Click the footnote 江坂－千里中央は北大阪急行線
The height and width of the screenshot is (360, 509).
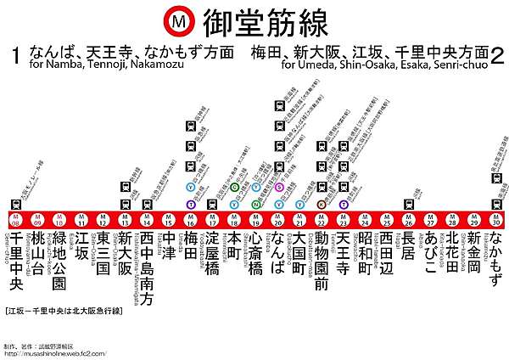click(61, 310)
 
